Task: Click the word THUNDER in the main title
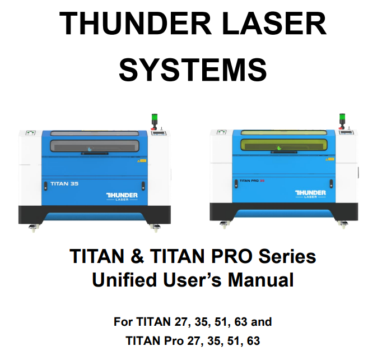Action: coord(135,24)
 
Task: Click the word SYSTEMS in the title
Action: coord(193,70)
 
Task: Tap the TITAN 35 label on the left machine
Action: coord(64,184)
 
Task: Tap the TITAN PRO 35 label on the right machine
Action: coord(252,181)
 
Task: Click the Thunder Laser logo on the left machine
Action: coord(122,197)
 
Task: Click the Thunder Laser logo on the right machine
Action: coord(310,194)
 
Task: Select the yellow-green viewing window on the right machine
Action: coord(284,144)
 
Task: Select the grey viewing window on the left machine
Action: coord(95,146)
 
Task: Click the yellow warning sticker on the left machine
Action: coord(142,161)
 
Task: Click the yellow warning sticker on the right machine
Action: coord(330,159)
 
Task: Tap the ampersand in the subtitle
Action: coord(137,256)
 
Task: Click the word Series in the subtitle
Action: coord(287,256)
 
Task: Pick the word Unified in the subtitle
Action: coord(124,279)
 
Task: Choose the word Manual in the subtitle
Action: coord(260,279)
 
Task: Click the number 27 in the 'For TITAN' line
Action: coord(180,322)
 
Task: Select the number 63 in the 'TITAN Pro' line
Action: coord(253,341)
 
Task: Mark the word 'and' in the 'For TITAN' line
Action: coord(262,322)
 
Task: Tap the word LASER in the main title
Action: coord(274,24)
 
